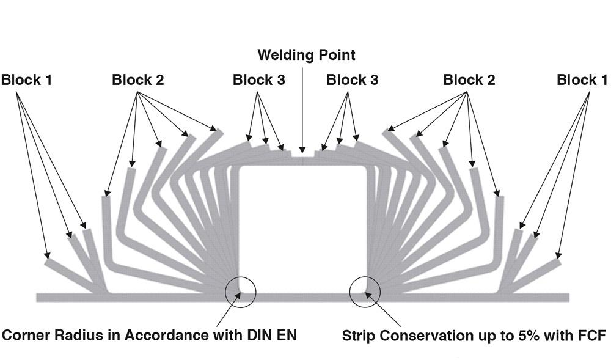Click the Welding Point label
coord(306,55)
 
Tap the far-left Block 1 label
coord(26,80)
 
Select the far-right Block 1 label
coord(582,80)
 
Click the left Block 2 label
coord(137,80)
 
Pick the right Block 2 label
coord(469,80)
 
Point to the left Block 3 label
coord(258,80)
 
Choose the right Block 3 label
coord(352,80)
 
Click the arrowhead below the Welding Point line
coord(302,150)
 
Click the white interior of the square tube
coord(303,229)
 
